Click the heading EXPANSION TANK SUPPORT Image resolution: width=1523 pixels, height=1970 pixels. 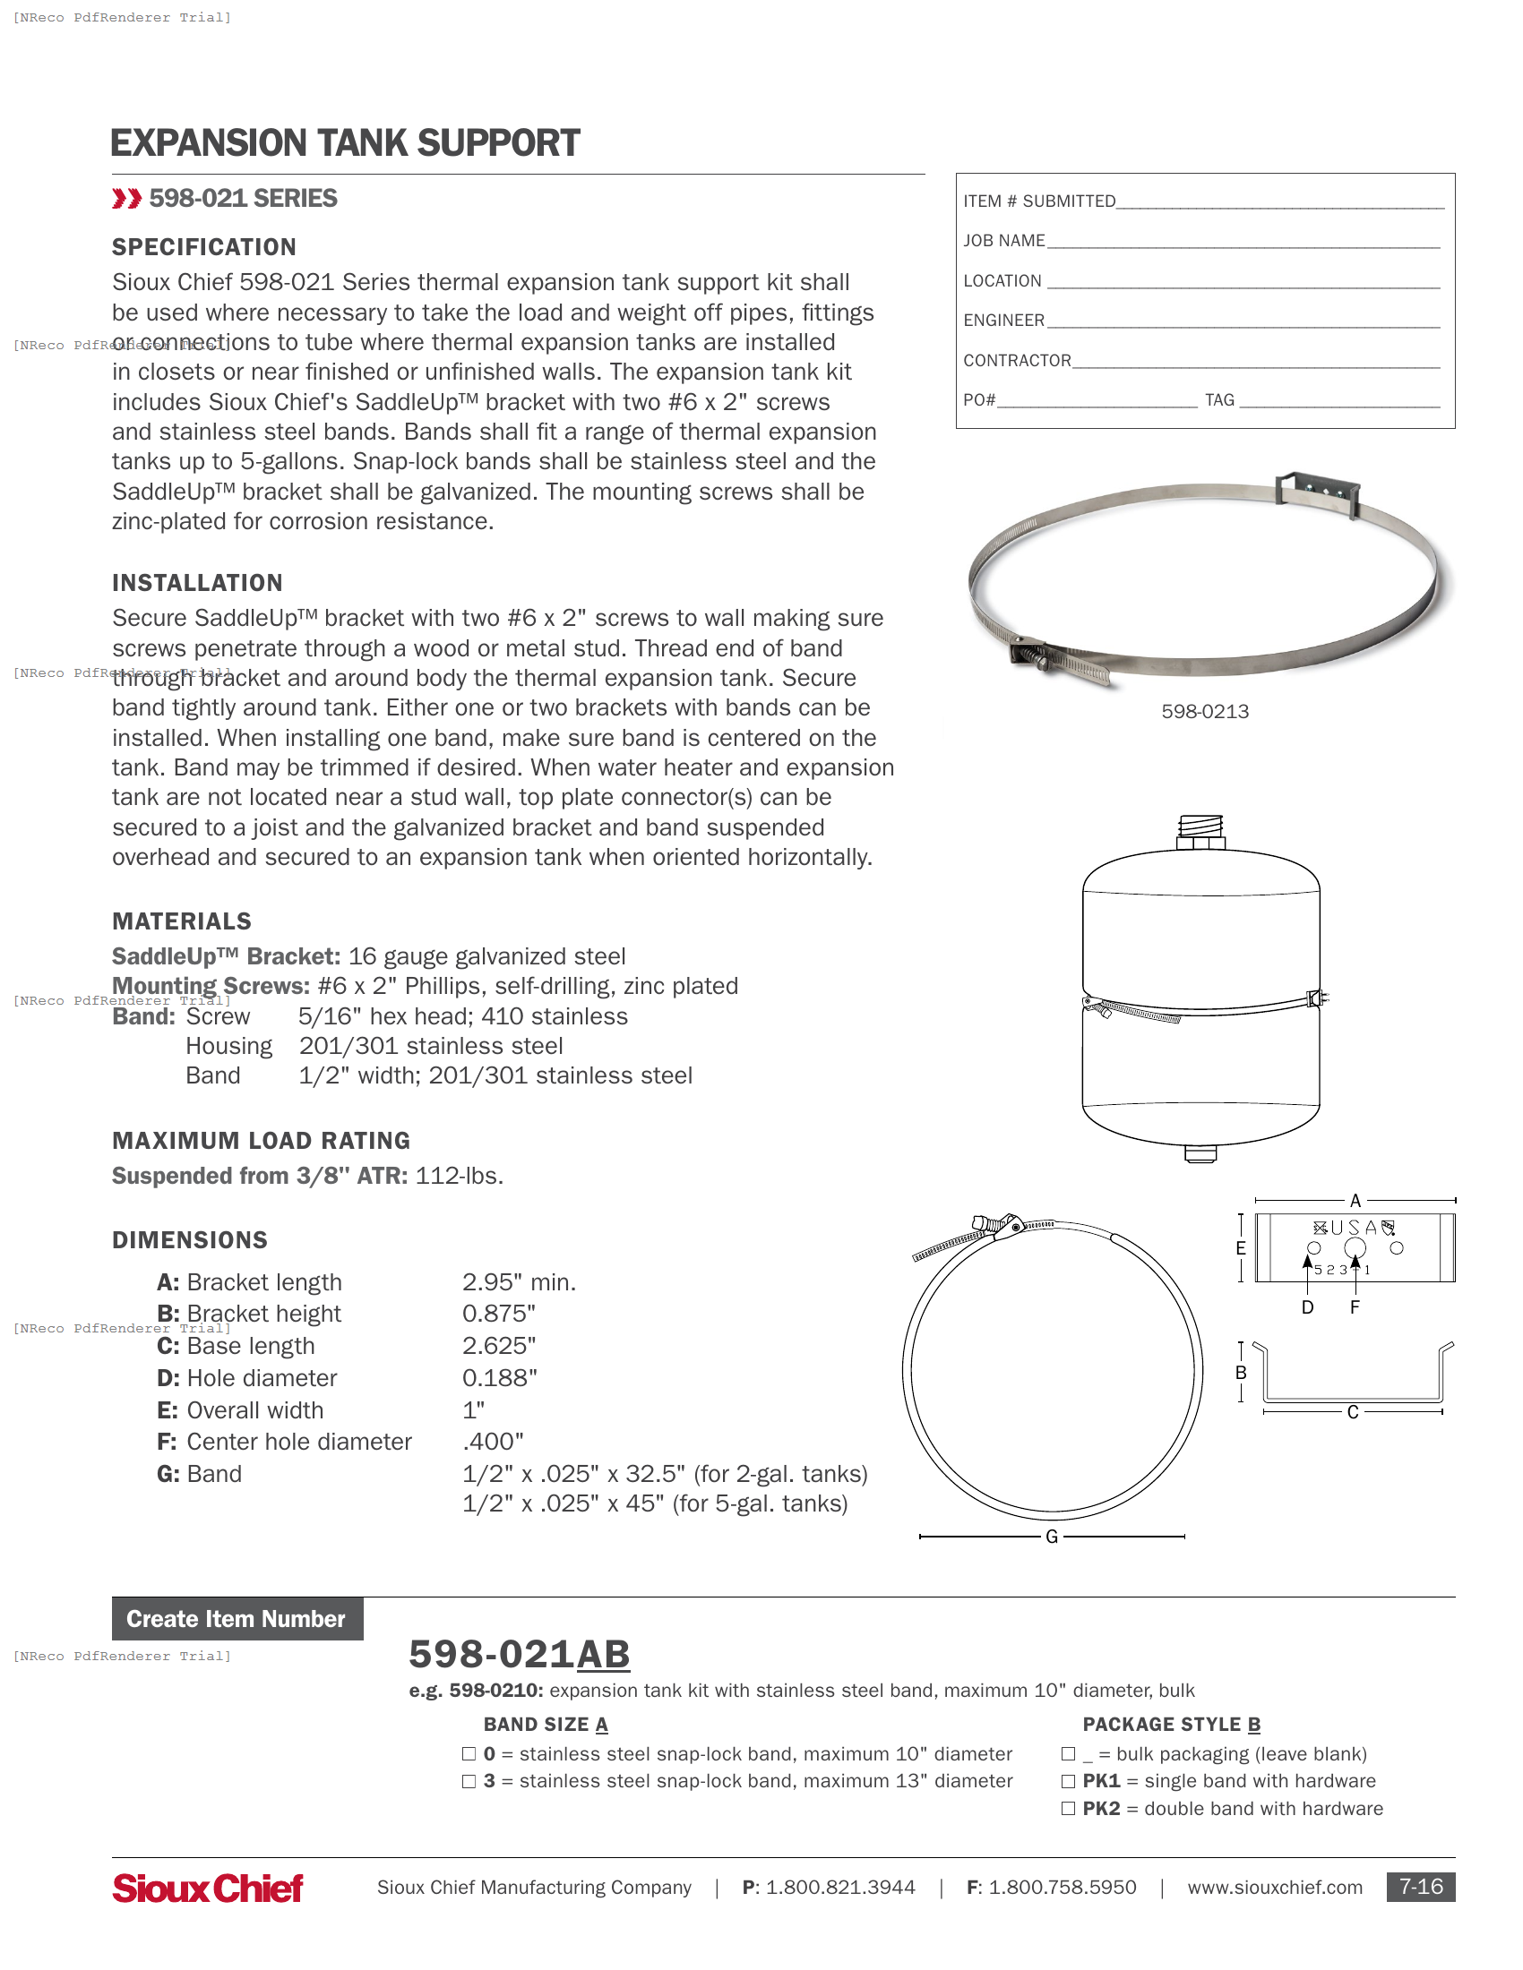(345, 143)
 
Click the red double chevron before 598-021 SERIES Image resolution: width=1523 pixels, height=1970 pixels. (126, 199)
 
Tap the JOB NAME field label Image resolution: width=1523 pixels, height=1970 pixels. (1003, 241)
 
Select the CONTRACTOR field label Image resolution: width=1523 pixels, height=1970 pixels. (1017, 361)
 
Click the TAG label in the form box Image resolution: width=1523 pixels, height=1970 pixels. (1219, 400)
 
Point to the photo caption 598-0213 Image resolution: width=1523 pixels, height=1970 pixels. (1204, 712)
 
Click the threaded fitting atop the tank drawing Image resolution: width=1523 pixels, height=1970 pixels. (1200, 828)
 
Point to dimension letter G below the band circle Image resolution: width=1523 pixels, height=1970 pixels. (1051, 1537)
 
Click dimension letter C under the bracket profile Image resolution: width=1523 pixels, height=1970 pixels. (1353, 1412)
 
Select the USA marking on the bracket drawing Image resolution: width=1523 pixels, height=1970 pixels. (1354, 1228)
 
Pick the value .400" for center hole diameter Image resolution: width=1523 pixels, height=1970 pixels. (493, 1443)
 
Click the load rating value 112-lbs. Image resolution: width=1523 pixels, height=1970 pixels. (460, 1177)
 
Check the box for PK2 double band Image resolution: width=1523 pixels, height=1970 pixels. (1068, 1809)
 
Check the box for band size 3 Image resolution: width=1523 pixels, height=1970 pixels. (469, 1781)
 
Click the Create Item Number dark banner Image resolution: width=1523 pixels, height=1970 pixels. (237, 1619)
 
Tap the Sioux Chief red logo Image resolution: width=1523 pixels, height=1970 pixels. (208, 1888)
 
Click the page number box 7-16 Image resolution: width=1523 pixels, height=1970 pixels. (1420, 1887)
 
